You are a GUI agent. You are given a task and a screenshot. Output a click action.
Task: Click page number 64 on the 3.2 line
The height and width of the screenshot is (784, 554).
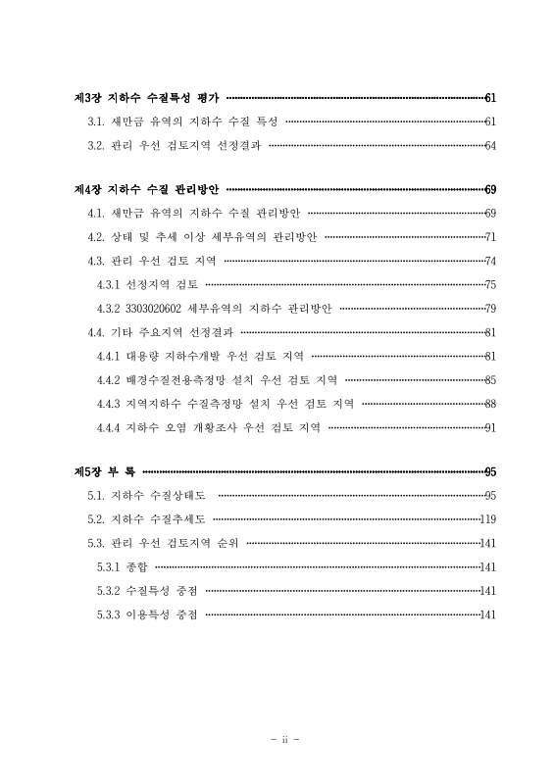pyautogui.click(x=490, y=145)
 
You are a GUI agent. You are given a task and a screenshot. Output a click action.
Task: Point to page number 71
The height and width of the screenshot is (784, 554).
pyautogui.click(x=490, y=237)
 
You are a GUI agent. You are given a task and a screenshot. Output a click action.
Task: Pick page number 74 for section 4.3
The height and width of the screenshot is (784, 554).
pyautogui.click(x=490, y=261)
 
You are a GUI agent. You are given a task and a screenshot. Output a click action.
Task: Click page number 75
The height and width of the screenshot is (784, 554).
pyautogui.click(x=490, y=284)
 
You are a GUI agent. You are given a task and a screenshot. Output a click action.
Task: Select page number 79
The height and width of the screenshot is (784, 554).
pyautogui.click(x=490, y=309)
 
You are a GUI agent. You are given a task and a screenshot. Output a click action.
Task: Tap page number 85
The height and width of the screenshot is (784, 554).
pyautogui.click(x=490, y=379)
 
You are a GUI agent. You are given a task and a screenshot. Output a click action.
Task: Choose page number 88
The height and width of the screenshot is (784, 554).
pyautogui.click(x=490, y=403)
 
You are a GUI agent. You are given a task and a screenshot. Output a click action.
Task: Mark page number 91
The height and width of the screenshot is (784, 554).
pyautogui.click(x=490, y=426)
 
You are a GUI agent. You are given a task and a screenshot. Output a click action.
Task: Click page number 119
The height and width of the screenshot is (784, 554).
pyautogui.click(x=488, y=519)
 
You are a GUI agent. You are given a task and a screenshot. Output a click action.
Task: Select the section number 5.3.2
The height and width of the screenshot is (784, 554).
pyautogui.click(x=108, y=591)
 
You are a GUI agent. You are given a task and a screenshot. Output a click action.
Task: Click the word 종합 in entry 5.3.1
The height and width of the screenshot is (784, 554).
pyautogui.click(x=136, y=566)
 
